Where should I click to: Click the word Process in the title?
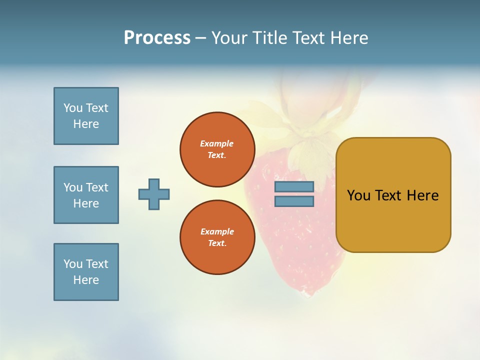click(157, 38)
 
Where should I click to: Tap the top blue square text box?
click(86, 116)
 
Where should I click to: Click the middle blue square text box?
click(86, 195)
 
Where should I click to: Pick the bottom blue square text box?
click(86, 272)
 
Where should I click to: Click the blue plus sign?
click(154, 194)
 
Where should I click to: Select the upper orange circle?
click(217, 149)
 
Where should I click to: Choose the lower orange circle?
click(217, 237)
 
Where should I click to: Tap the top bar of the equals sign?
click(294, 186)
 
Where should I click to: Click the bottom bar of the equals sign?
click(294, 201)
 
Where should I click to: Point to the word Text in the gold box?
click(388, 195)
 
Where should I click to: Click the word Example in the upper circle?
click(217, 143)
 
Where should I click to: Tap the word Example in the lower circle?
click(217, 231)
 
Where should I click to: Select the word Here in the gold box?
click(422, 195)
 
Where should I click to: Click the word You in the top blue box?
click(73, 108)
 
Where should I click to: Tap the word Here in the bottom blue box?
click(86, 280)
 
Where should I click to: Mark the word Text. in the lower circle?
click(217, 243)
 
